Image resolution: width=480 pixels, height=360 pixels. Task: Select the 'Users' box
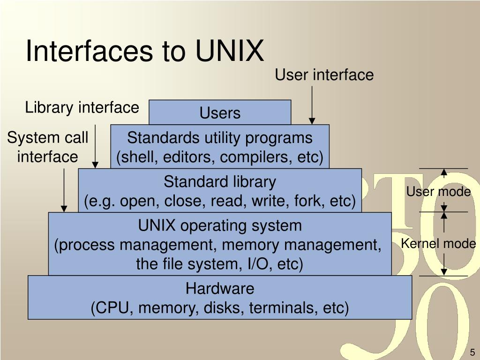(x=220, y=113)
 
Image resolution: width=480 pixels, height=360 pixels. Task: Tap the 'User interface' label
(x=324, y=75)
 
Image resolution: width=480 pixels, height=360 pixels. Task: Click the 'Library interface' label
(x=82, y=108)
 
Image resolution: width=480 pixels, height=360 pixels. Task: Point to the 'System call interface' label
(x=47, y=147)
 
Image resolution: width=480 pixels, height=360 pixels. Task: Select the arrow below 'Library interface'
(x=96, y=146)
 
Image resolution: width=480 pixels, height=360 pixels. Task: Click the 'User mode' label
(x=438, y=192)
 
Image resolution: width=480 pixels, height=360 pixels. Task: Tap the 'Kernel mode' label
(x=438, y=244)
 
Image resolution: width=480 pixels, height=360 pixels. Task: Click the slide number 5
(x=472, y=352)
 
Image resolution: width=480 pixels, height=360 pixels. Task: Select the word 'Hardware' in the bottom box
(x=220, y=288)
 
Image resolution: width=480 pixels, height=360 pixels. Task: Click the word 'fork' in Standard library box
(x=309, y=201)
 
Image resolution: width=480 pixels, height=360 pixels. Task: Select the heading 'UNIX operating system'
(x=220, y=226)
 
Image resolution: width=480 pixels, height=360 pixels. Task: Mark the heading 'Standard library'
(x=220, y=181)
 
